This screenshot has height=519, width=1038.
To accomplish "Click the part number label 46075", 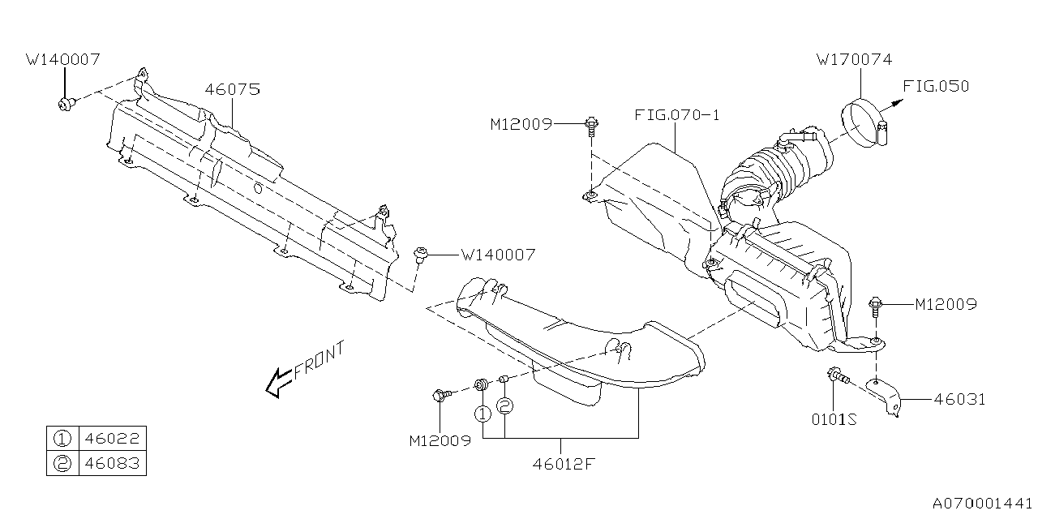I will tap(232, 90).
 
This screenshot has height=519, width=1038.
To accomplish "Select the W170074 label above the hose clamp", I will tap(854, 60).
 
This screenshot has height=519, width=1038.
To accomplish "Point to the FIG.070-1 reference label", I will tap(677, 115).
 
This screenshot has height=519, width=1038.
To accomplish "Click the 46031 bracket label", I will tap(959, 399).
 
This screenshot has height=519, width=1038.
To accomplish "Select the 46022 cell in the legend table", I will tap(112, 439).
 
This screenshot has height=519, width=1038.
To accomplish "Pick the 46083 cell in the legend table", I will tap(112, 463).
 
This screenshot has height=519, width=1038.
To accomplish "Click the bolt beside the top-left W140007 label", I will tap(66, 104).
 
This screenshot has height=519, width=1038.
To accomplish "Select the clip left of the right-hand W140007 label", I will tap(422, 255).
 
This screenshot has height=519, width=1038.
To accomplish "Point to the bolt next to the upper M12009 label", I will tap(591, 125).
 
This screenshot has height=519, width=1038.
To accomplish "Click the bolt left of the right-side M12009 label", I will tap(877, 307).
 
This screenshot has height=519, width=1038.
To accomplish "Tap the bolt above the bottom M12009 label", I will tap(441, 396).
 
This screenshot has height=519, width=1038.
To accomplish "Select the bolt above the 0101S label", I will tap(836, 376).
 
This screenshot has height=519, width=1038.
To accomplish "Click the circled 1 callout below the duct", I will tap(483, 414).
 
